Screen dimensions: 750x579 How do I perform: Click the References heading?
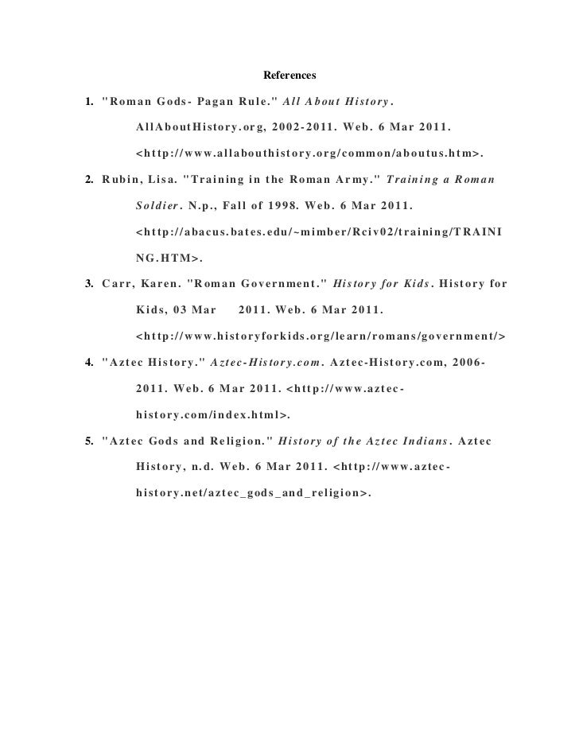tap(289, 76)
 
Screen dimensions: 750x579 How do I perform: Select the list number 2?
tap(88, 180)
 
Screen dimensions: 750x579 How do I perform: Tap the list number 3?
tap(88, 283)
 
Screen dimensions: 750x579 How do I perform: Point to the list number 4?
tap(88, 362)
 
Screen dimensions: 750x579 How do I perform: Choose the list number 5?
tap(88, 440)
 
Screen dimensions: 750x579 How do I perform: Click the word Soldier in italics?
tap(157, 206)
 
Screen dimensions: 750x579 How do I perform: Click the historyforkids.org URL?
tap(321, 335)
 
